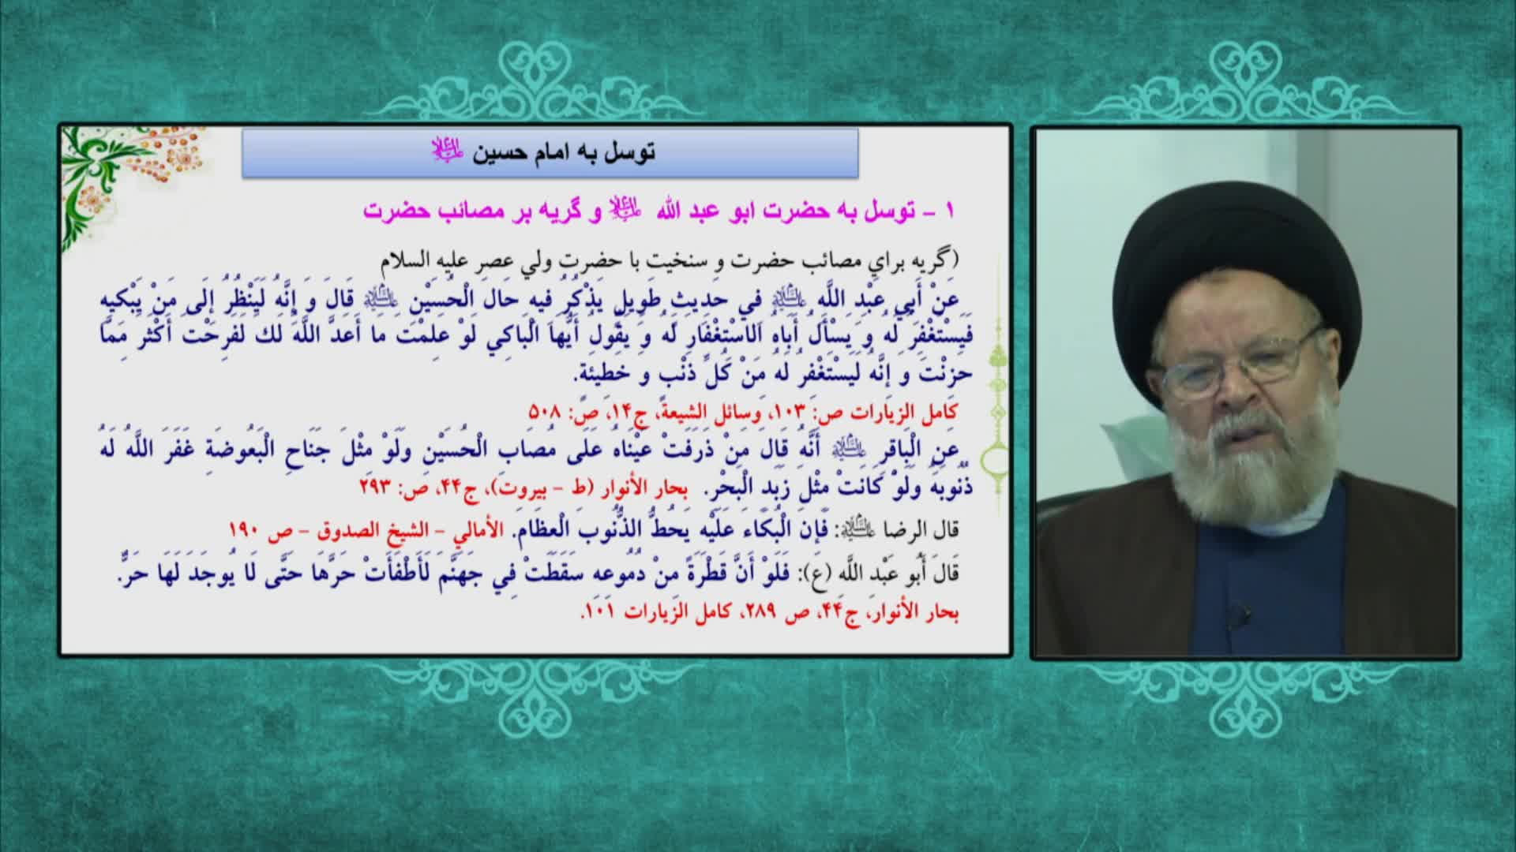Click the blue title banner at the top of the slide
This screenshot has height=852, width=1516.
click(x=550, y=152)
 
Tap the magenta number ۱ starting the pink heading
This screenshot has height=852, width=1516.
click(x=950, y=211)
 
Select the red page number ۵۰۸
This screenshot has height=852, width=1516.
click(x=543, y=413)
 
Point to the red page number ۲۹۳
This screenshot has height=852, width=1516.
click(x=376, y=486)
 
